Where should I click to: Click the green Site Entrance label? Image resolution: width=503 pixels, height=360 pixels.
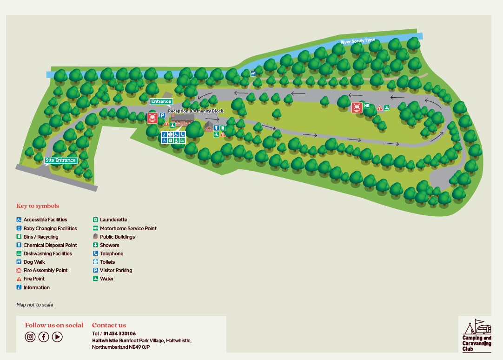tap(60, 160)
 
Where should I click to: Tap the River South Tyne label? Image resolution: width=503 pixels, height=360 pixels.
tap(357, 41)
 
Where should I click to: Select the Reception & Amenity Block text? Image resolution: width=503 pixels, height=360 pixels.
tap(196, 111)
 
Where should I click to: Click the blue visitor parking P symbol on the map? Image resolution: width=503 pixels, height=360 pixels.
tap(162, 116)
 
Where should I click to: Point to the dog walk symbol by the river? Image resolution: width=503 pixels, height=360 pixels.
tap(253, 73)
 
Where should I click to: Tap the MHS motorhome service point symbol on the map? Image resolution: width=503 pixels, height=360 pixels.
tap(367, 106)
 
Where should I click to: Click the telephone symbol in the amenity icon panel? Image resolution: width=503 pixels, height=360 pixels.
tap(183, 134)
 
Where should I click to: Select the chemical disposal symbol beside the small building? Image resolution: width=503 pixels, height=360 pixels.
tap(216, 128)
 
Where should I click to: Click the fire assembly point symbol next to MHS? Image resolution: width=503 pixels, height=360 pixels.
tap(357, 107)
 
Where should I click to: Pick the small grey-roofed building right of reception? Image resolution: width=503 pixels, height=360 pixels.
tap(209, 127)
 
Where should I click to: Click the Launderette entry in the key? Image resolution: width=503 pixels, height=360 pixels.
tap(113, 220)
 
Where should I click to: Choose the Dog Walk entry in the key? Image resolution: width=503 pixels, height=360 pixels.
tap(34, 262)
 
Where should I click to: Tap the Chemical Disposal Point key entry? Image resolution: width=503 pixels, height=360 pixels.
tap(50, 245)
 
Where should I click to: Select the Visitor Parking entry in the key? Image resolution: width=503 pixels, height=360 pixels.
tap(116, 270)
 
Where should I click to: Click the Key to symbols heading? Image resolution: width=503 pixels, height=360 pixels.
tap(38, 206)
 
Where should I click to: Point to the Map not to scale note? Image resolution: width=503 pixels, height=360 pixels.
tap(35, 305)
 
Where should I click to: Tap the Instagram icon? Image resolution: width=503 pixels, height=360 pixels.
tap(30, 337)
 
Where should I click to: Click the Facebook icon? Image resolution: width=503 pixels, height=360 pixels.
tap(44, 337)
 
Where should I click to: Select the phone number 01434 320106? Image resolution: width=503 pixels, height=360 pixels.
tap(119, 333)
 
